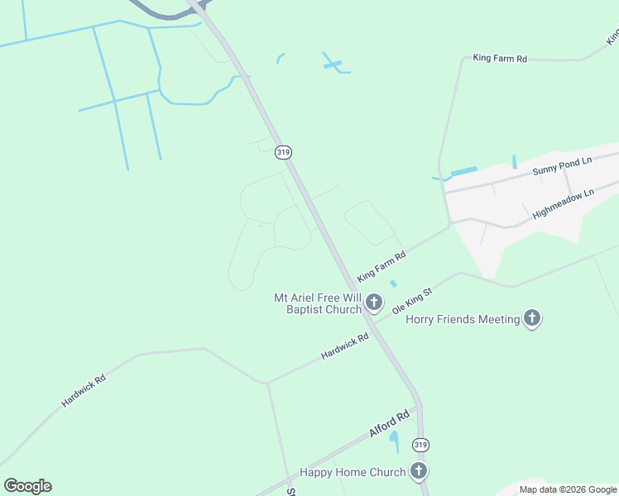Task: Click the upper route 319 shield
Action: (x=284, y=152)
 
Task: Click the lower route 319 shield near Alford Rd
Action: (x=420, y=445)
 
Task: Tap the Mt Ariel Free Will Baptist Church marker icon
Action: (x=374, y=303)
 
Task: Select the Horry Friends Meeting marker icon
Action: (x=531, y=318)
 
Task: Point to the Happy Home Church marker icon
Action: (x=419, y=472)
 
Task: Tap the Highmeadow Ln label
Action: (x=564, y=203)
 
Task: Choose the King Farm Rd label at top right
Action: (x=500, y=59)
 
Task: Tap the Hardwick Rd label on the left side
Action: (x=84, y=391)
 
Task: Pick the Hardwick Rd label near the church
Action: (x=344, y=346)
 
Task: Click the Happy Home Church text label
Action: (x=353, y=473)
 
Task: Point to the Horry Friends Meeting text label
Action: (x=463, y=319)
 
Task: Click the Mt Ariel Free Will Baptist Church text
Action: (x=318, y=303)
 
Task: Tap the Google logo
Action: (x=27, y=486)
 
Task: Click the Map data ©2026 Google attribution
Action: (x=569, y=489)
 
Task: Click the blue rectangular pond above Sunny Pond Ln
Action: (x=463, y=172)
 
